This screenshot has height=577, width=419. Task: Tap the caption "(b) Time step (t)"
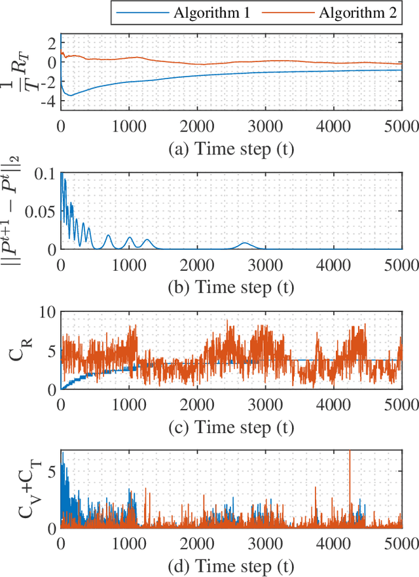pyautogui.click(x=231, y=287)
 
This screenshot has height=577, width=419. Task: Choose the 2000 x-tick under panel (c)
pyautogui.click(x=197, y=404)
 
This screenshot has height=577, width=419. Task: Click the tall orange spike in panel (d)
pyautogui.click(x=350, y=458)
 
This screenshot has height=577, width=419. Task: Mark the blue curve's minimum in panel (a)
pyautogui.click(x=71, y=96)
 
